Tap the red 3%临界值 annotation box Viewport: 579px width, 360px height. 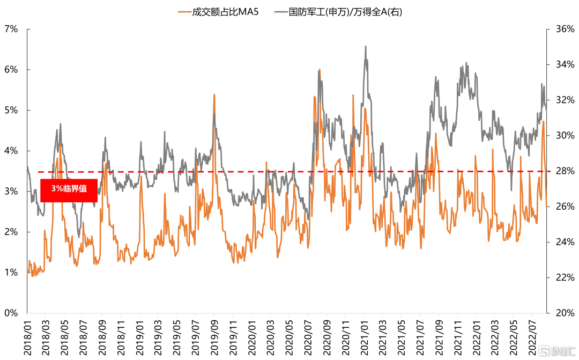click(x=69, y=189)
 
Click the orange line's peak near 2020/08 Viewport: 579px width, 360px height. click(x=320, y=70)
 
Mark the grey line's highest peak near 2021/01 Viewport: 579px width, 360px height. click(x=366, y=47)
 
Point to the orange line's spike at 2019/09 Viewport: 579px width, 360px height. click(x=214, y=95)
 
